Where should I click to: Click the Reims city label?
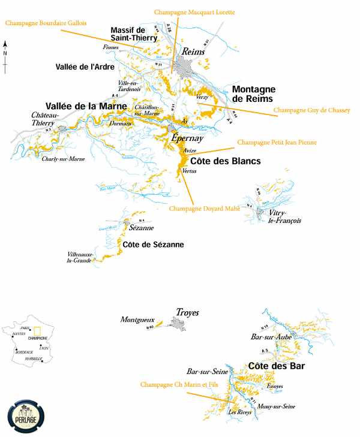tap(194, 52)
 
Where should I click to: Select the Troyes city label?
tap(187, 312)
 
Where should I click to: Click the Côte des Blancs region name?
tap(225, 161)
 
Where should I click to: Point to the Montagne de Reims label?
tap(253, 94)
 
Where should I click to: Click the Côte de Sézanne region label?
tap(153, 245)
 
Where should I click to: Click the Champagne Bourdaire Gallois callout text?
tap(46, 23)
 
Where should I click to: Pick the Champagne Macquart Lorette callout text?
tap(194, 12)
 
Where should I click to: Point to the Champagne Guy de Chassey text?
tap(311, 110)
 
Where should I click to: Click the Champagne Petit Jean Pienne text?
tap(277, 143)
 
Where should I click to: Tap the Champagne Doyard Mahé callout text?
tap(204, 209)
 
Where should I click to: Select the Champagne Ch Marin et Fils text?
tap(176, 384)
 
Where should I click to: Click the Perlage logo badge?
tap(26, 414)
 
